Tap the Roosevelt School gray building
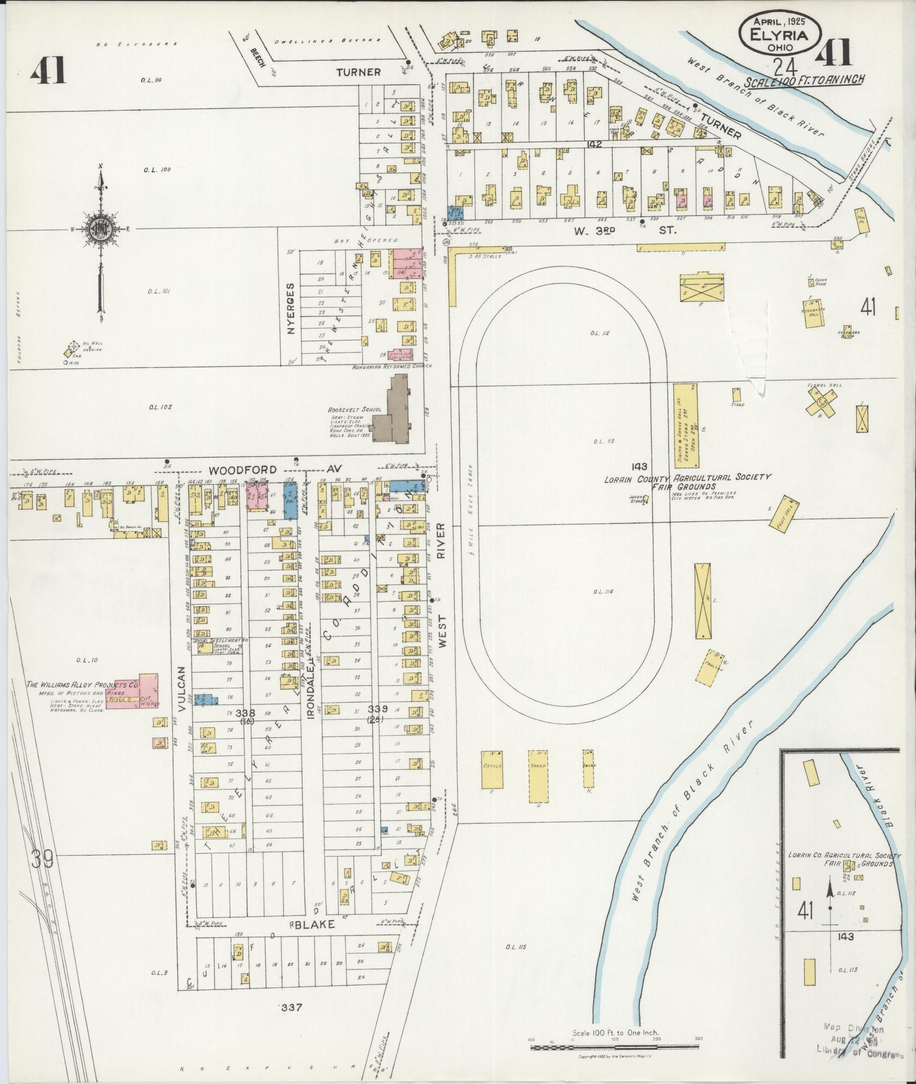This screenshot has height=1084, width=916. (x=393, y=417)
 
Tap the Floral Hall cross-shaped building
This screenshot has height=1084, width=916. (x=822, y=402)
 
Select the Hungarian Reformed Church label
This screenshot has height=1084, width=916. (x=392, y=366)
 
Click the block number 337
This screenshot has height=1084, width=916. (x=292, y=1007)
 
